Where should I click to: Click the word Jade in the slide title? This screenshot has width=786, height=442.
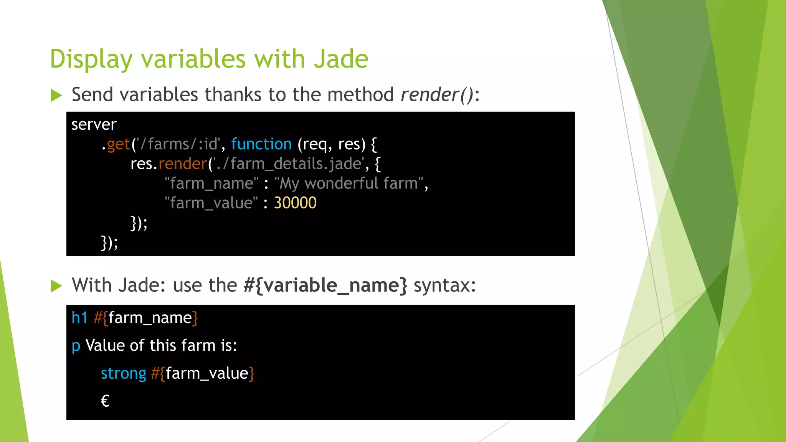(x=341, y=59)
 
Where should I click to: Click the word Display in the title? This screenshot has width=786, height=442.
(x=91, y=60)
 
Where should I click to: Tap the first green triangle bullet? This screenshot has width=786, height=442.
(x=56, y=95)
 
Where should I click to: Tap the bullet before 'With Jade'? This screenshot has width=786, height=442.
(x=56, y=286)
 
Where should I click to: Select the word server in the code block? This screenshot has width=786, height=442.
(x=94, y=125)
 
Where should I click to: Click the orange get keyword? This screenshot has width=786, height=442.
(x=118, y=145)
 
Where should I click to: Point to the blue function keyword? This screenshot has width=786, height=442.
(x=261, y=144)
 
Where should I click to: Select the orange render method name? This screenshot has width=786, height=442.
(x=183, y=164)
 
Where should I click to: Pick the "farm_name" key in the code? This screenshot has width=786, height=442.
(x=211, y=183)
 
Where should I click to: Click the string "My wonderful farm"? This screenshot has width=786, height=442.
(x=348, y=183)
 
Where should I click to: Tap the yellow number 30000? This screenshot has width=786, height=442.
(x=295, y=203)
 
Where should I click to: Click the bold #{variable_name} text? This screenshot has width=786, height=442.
(x=325, y=285)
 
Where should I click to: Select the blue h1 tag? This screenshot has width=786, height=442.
(x=79, y=318)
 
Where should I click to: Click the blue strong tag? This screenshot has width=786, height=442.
(x=123, y=374)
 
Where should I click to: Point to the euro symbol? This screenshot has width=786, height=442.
(x=105, y=401)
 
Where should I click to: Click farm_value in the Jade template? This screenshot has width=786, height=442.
(x=207, y=374)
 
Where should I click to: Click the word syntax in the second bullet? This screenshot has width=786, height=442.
(x=444, y=285)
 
